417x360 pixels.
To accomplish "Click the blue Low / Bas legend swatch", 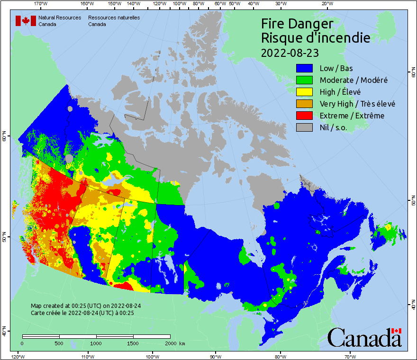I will pos(304,68).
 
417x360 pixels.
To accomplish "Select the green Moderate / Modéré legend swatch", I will pos(304,80).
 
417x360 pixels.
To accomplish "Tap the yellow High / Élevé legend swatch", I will pos(304,92).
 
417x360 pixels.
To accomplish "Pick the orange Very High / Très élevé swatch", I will pos(304,104).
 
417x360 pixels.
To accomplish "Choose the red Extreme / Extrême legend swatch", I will pos(304,116).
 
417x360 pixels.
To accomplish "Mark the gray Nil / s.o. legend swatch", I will pos(304,127).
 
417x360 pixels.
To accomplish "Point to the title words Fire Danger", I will pos(297,24).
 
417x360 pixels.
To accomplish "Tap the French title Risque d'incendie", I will pos(316,38).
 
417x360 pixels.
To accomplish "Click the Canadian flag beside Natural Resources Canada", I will pos(26,21).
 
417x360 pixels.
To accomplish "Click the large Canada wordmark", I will pos(364,337).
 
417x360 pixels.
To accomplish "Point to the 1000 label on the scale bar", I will pos(96,343).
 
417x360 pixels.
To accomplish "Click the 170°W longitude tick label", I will pos(41,3).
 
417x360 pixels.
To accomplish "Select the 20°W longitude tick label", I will pos(326,3).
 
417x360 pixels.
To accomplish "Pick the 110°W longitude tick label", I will pos(87,356).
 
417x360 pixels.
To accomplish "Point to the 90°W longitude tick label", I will pos(216,356).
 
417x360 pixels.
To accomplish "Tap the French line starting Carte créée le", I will pos(82,313).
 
